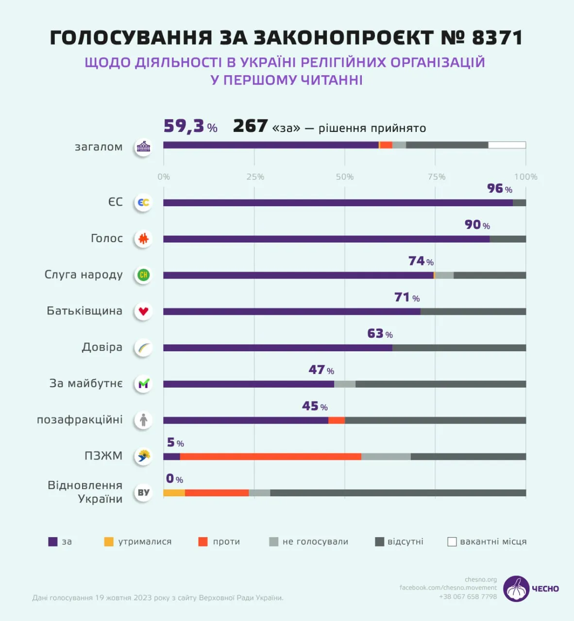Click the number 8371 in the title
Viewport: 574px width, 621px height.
(497, 38)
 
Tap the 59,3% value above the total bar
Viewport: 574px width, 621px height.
(190, 127)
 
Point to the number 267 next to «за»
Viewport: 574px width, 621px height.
(250, 126)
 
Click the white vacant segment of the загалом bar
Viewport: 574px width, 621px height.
(506, 145)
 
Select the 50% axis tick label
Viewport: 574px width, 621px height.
(345, 177)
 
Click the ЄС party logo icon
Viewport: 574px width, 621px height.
(143, 202)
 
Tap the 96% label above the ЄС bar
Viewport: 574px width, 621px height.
(499, 189)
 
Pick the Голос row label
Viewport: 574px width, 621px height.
(107, 238)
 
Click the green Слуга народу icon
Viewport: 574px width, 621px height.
(143, 275)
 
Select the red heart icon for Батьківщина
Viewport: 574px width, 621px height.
(143, 311)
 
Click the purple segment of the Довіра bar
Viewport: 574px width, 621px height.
(277, 348)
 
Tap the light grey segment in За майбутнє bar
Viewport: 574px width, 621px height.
(345, 384)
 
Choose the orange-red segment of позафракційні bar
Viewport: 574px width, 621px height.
(337, 420)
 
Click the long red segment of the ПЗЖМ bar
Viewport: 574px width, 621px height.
(270, 457)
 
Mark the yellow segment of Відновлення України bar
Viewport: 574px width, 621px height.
(174, 493)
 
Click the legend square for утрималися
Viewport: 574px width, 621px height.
(109, 541)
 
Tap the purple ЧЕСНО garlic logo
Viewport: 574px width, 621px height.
(516, 589)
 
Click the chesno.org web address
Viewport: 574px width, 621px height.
(480, 579)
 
